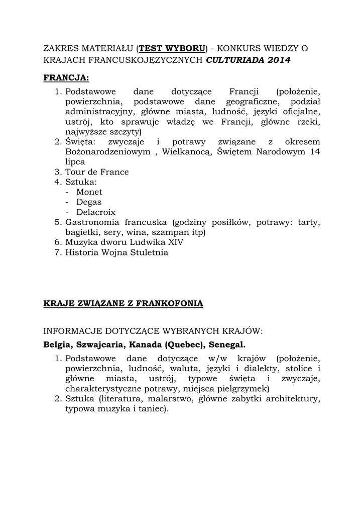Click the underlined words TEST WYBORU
pos(172,48)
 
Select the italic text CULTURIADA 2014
pos(249,60)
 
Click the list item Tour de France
pos(97,172)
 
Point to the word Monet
pos(89,192)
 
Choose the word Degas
pos(89,202)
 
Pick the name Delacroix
pos(96,212)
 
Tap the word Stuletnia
pos(149,252)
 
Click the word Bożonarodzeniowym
pos(107,152)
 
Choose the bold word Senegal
pos(226,345)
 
